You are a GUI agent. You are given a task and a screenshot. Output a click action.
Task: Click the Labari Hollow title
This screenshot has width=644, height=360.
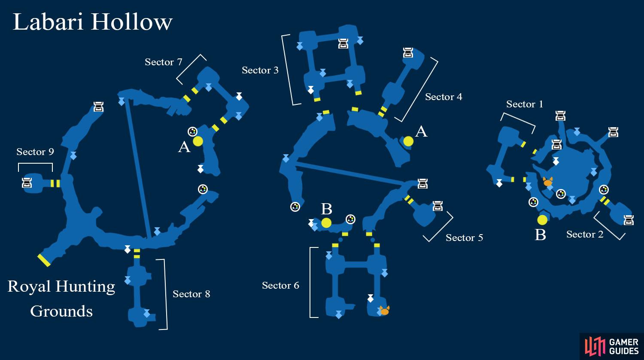tap(93, 22)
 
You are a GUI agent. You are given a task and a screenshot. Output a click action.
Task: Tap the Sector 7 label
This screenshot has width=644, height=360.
tap(163, 62)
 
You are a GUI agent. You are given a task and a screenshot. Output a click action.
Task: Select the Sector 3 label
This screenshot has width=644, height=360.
tap(260, 70)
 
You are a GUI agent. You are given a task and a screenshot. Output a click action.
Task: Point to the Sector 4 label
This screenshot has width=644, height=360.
tap(444, 97)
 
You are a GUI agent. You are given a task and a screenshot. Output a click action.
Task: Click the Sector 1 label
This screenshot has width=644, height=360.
tap(525, 104)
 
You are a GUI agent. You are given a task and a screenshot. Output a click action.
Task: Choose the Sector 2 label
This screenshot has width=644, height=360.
tap(585, 234)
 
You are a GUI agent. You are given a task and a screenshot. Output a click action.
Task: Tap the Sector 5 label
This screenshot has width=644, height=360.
tap(464, 238)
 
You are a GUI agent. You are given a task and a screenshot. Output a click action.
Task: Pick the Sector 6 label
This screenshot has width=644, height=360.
tap(281, 285)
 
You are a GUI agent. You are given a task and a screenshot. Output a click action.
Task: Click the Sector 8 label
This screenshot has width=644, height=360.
tap(191, 294)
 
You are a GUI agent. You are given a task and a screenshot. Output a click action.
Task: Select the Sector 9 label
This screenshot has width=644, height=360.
tap(35, 152)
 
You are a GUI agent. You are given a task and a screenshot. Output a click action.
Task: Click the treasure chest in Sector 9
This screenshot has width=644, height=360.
tap(27, 183)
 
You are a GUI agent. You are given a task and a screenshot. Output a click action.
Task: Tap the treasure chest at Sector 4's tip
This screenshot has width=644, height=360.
tap(408, 53)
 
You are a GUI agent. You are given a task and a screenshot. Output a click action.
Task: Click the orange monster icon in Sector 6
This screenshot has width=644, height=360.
tap(385, 311)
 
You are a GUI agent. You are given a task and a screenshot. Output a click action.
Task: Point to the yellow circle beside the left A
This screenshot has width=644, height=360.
tap(198, 141)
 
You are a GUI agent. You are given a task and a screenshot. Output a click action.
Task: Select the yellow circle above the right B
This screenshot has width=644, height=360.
tap(542, 220)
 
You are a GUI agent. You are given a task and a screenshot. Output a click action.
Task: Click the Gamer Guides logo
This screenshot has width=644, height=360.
tap(611, 347)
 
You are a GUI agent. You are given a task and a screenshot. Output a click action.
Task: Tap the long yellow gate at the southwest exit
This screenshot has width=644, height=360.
tap(44, 260)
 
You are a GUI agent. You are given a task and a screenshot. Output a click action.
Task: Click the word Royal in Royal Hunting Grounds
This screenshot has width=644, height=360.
tap(29, 287)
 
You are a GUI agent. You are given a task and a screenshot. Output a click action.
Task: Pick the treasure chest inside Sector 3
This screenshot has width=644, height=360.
tap(343, 43)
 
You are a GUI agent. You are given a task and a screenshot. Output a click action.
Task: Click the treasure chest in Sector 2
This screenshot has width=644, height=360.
tap(629, 220)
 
